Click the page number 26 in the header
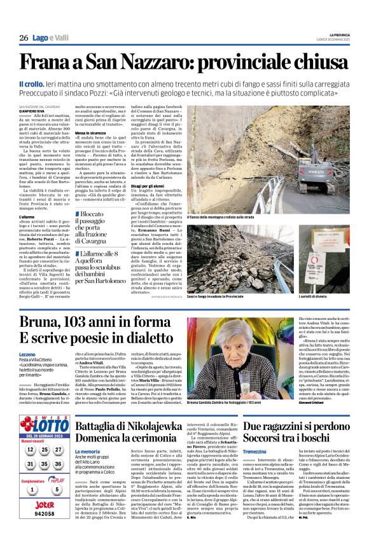[24, 38]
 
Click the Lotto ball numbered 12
[31, 450]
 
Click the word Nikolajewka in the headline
[153, 411]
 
